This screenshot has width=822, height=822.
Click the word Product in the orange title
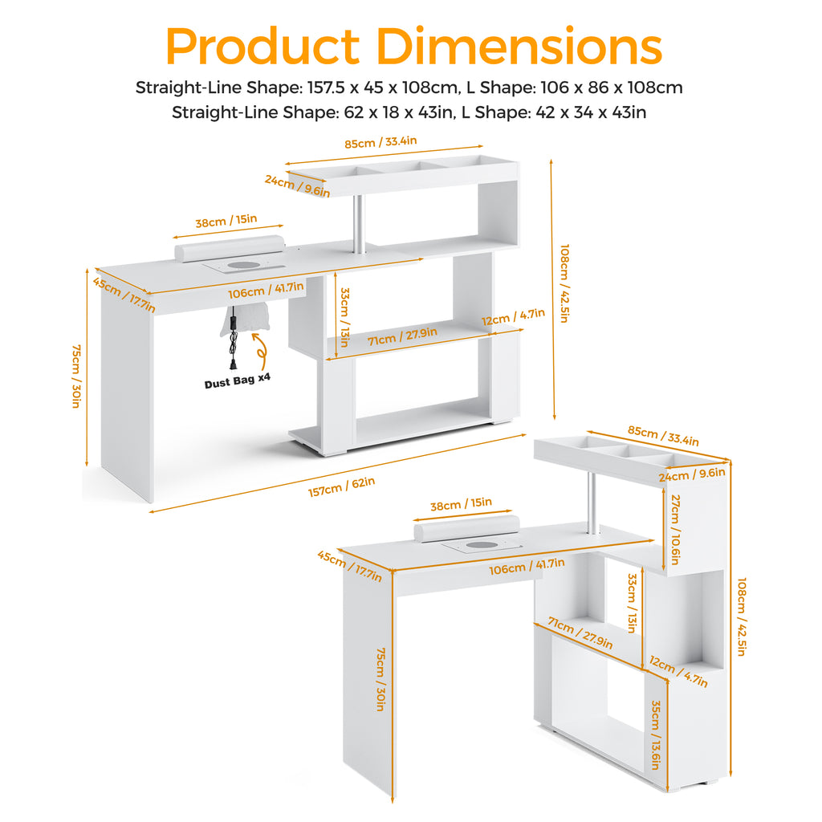point(262,46)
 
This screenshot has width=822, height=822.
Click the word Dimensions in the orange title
point(519,46)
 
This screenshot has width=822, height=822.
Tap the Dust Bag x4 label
point(238,380)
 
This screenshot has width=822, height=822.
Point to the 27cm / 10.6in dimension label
point(675,530)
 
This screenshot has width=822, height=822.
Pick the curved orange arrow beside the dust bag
point(260,352)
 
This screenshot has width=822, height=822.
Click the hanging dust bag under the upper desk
point(245,319)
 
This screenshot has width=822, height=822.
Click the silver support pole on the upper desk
point(359,224)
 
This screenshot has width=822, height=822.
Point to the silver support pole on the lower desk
point(592,503)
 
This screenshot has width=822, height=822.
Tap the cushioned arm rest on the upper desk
point(230,248)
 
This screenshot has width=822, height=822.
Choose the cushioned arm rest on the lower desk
point(466,528)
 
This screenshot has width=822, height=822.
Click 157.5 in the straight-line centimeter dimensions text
point(327,87)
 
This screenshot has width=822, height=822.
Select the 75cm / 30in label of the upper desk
point(76,376)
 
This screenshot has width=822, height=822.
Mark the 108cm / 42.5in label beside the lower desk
point(742,616)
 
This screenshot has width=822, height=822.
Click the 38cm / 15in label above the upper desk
point(226,221)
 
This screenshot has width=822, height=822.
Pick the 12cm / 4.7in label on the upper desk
point(513,316)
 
